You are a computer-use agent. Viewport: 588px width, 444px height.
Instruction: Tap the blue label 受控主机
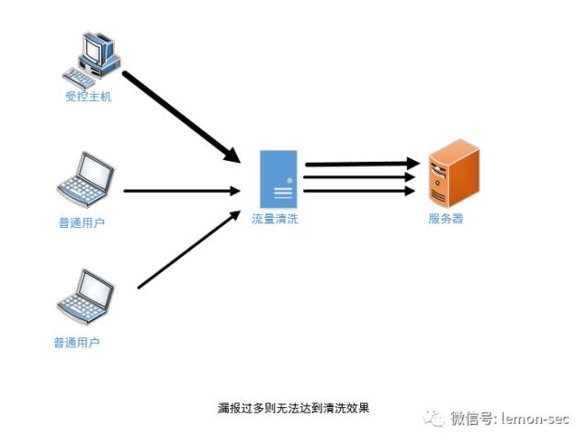[88, 97]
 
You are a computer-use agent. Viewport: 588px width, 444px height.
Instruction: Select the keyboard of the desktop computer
[78, 78]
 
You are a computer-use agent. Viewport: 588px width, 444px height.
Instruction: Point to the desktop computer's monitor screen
[93, 49]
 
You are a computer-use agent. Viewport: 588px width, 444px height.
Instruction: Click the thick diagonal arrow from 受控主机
[182, 117]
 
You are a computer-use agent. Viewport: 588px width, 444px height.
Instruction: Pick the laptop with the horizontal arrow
[85, 179]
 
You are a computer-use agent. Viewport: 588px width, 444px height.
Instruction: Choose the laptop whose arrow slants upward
[85, 297]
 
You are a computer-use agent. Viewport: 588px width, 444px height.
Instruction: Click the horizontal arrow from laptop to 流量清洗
[182, 191]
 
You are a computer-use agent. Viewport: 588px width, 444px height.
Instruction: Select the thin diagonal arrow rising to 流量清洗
[189, 250]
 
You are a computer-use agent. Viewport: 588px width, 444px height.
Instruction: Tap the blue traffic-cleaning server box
[278, 179]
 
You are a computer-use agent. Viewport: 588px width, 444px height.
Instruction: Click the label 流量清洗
[275, 219]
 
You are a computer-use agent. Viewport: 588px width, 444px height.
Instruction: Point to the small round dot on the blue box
[289, 180]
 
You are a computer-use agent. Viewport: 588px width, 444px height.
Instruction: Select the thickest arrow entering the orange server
[362, 164]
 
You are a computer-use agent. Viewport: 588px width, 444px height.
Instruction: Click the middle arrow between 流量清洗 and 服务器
[359, 177]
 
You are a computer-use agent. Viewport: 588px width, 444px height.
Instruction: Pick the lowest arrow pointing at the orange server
[359, 191]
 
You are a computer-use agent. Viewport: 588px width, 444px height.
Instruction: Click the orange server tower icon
[454, 173]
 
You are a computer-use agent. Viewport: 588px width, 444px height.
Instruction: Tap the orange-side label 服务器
[446, 219]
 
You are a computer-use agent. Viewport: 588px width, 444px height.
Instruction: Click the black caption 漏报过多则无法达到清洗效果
[294, 407]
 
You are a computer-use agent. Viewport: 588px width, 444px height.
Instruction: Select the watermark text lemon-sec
[536, 418]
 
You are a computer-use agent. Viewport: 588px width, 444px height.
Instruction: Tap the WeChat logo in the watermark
[434, 417]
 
